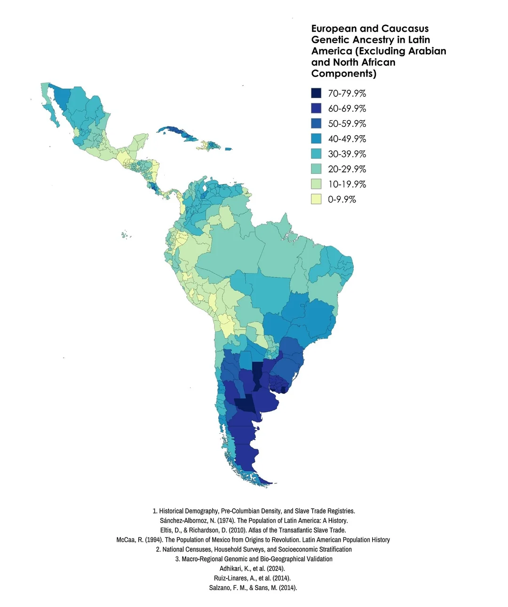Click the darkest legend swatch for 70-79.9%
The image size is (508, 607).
[316, 93]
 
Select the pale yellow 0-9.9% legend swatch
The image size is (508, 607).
[316, 199]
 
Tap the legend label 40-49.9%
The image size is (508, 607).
[347, 139]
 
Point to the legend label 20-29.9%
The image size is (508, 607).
[347, 169]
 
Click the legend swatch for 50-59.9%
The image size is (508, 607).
[316, 123]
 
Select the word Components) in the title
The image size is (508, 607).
[344, 74]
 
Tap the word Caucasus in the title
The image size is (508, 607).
[405, 29]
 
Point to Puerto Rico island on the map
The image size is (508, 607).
[228, 149]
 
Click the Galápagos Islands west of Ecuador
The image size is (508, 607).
[125, 234]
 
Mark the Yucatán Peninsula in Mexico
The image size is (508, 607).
[139, 142]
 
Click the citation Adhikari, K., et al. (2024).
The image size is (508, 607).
[252, 568]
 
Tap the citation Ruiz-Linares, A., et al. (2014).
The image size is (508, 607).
[252, 578]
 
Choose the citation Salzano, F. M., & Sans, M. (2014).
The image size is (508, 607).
[253, 587]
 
